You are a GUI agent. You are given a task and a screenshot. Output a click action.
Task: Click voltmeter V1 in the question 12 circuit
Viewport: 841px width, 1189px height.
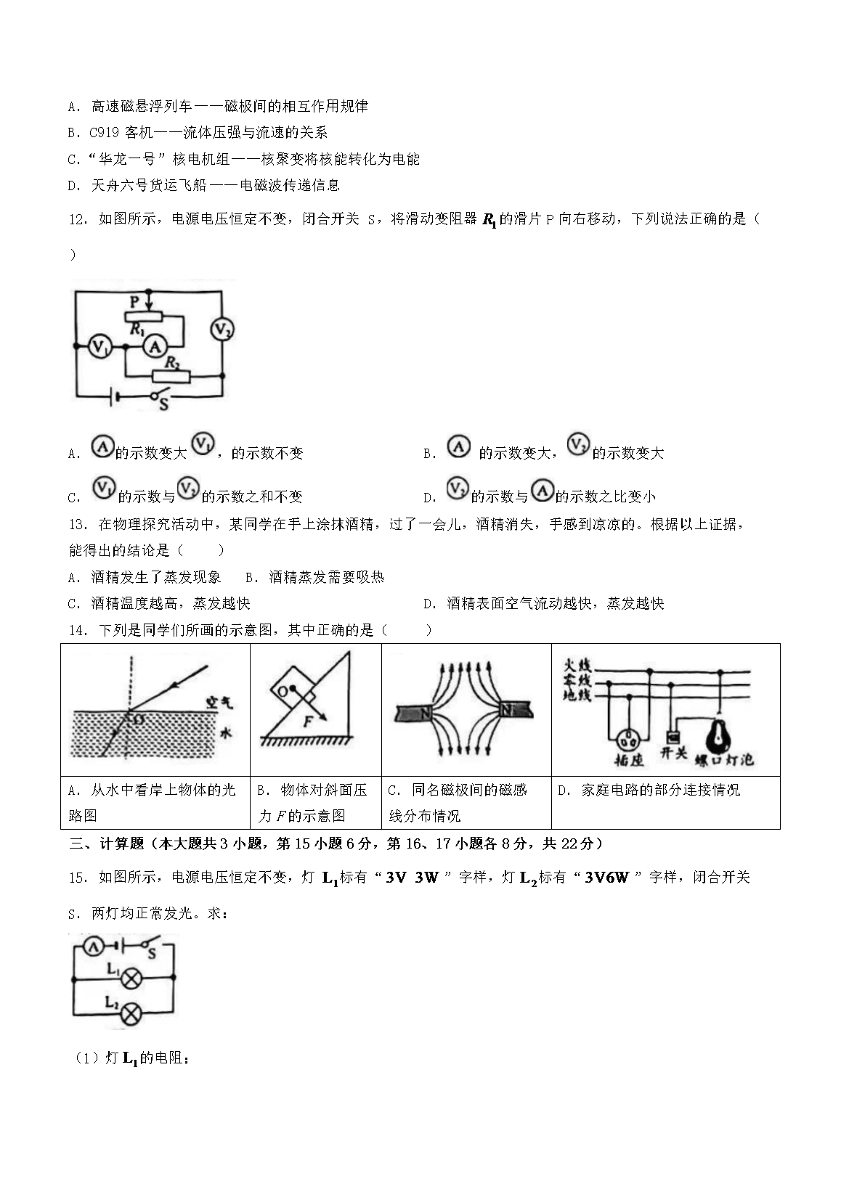(99, 347)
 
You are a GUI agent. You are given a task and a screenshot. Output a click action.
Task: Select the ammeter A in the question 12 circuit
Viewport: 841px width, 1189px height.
(154, 347)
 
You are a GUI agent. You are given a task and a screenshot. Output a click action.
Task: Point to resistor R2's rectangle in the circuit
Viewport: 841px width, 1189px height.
(171, 376)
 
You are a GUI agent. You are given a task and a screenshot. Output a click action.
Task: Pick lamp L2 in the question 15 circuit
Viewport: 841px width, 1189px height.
(131, 1013)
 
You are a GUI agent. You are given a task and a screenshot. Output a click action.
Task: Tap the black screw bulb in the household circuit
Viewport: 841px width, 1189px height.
(718, 733)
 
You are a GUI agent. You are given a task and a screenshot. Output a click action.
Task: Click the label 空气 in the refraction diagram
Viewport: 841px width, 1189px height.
(219, 702)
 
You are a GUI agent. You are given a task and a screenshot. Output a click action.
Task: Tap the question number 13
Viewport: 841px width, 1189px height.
(78, 524)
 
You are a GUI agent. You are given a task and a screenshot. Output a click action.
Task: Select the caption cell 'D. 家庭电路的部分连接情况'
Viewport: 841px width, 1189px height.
(649, 790)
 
